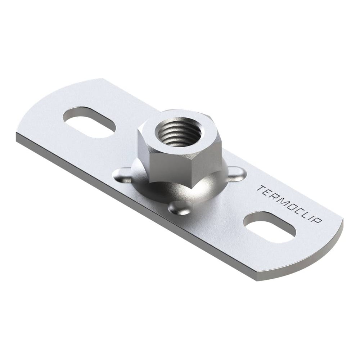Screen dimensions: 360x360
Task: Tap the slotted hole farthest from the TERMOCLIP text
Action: coord(90,122)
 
